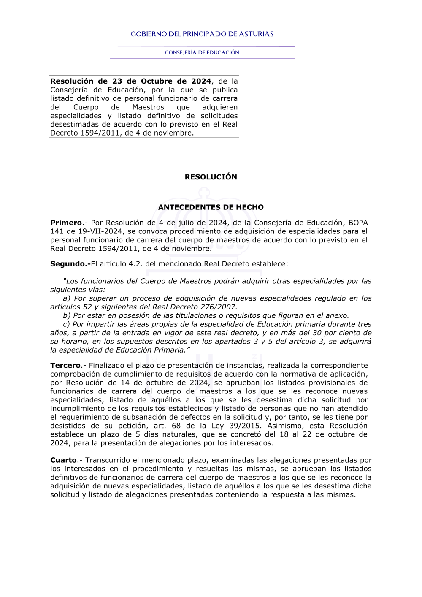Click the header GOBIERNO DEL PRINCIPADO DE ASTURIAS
(202, 34)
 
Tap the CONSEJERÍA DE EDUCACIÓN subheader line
(202, 52)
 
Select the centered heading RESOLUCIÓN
(211, 177)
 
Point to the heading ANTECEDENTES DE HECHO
(211, 207)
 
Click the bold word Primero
(66, 223)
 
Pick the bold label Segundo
(70, 264)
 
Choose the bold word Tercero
(65, 366)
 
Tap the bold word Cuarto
(64, 460)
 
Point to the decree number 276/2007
(219, 307)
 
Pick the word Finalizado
(108, 366)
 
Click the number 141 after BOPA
(57, 231)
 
